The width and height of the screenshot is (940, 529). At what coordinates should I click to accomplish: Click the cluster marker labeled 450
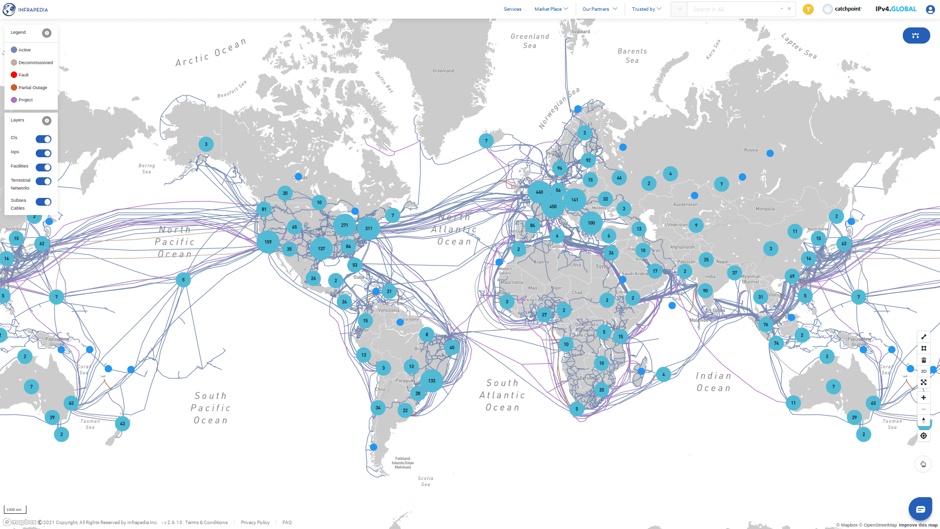(x=553, y=207)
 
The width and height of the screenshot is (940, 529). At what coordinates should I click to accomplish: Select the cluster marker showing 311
(x=369, y=228)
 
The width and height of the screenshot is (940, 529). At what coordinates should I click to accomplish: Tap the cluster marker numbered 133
(x=431, y=381)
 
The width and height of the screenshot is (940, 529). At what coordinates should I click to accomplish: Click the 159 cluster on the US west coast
(x=268, y=242)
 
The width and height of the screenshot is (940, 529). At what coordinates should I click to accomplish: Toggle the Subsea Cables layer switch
(x=44, y=202)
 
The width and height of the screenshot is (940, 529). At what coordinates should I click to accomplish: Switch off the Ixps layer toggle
(x=44, y=153)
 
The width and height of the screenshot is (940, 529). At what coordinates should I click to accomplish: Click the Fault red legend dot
(x=14, y=75)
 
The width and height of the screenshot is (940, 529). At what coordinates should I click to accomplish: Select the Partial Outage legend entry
(x=32, y=88)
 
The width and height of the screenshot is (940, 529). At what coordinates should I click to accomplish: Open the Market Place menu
(x=551, y=9)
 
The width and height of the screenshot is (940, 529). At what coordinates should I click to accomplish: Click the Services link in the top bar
(x=513, y=9)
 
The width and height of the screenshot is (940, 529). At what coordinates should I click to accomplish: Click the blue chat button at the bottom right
(x=920, y=509)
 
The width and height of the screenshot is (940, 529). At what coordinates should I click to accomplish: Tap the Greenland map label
(x=443, y=71)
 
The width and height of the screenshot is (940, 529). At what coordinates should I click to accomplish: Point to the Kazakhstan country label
(x=685, y=205)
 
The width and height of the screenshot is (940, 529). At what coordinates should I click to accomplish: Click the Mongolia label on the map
(x=765, y=209)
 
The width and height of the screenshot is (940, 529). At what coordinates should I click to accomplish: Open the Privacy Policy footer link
(x=255, y=523)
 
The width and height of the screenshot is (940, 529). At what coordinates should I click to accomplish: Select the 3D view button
(x=923, y=371)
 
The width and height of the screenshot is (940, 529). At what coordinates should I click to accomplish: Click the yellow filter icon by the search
(x=808, y=9)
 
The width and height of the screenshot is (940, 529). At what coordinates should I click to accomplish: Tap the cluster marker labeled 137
(x=321, y=248)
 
